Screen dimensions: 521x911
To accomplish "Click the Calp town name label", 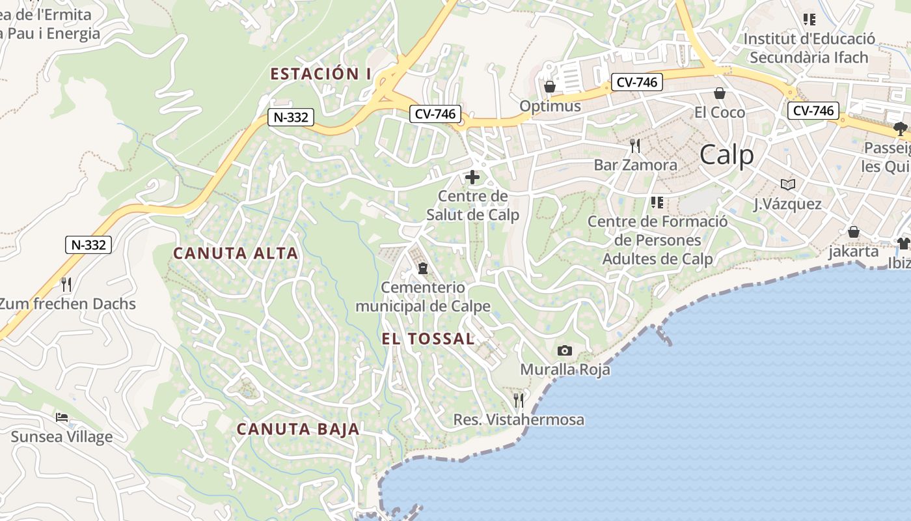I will click(727, 156).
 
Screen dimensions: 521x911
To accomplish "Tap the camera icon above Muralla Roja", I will click(565, 351).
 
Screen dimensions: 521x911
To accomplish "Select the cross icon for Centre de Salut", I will click(472, 176).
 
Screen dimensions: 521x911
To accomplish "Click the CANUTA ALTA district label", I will click(236, 253).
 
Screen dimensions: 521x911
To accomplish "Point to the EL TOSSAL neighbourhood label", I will click(428, 339).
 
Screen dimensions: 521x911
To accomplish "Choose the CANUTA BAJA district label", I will click(297, 429).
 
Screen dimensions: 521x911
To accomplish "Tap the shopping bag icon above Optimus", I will click(550, 87).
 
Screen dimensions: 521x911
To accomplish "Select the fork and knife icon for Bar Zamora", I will click(635, 145).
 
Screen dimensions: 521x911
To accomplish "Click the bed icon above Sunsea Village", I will click(62, 417).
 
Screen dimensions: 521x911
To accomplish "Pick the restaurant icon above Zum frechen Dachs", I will click(66, 284).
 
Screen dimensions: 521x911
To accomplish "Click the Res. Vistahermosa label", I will click(519, 420).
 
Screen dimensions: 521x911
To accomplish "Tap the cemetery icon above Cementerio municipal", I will click(423, 268).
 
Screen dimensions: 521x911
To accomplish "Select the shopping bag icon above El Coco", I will click(720, 93).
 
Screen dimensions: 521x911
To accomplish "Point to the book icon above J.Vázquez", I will click(788, 184).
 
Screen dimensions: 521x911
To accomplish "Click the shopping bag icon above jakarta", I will click(853, 232).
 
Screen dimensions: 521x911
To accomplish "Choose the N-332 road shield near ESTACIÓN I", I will click(291, 118).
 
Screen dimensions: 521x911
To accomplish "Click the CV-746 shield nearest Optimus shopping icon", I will click(637, 82).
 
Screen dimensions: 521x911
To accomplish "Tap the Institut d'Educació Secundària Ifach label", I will click(809, 48).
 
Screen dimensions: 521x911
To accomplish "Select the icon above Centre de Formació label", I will click(657, 203).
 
